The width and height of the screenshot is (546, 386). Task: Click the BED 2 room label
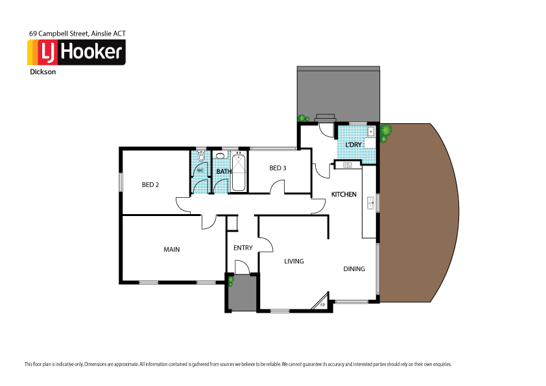150,185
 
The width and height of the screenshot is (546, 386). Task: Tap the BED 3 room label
278,169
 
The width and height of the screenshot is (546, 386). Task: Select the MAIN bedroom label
171,249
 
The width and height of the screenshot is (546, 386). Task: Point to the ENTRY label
243,248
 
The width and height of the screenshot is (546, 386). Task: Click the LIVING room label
294,261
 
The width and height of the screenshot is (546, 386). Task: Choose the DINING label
354,269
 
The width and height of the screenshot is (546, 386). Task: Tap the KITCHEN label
344,195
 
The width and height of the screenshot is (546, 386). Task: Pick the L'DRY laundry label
353,144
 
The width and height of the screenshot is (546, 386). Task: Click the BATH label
224,172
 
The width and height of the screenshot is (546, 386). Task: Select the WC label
200,171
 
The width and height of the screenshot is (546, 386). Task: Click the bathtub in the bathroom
239,172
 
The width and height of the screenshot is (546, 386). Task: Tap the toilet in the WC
201,156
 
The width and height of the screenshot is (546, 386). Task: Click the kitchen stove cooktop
347,165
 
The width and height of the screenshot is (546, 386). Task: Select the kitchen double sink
371,203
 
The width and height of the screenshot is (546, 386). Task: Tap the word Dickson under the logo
42,73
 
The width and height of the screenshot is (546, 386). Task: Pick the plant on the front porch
230,281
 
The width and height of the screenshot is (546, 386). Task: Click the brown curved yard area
418,214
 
